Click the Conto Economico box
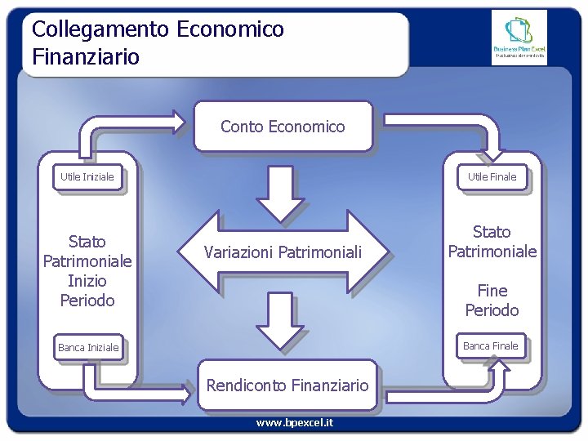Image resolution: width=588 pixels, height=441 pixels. click(x=283, y=127)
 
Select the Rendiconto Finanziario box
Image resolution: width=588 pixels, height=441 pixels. click(x=287, y=385)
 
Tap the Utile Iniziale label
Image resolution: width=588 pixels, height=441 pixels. click(x=87, y=176)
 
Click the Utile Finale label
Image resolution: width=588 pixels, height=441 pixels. click(x=492, y=176)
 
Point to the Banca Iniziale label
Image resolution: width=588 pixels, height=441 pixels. click(x=88, y=348)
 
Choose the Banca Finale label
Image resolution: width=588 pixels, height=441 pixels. click(x=490, y=346)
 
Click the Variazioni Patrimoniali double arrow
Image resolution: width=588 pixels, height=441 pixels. click(x=283, y=252)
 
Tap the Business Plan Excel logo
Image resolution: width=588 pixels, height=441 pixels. click(x=519, y=38)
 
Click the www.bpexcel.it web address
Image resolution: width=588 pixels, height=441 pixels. click(x=294, y=423)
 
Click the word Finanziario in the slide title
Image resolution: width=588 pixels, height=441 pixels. click(x=86, y=57)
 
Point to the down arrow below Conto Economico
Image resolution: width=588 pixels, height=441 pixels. click(x=281, y=194)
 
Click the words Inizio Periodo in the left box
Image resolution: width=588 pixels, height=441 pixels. click(x=87, y=291)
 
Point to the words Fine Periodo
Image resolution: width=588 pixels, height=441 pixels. click(x=492, y=301)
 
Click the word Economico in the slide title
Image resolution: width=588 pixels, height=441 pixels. click(x=230, y=30)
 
